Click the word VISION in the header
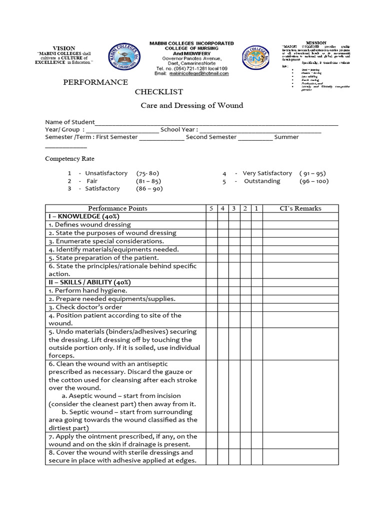click(64, 48)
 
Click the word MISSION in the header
click(315, 43)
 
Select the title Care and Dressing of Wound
click(191, 105)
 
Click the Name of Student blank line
click(216, 123)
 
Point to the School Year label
click(179, 130)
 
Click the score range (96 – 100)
click(314, 181)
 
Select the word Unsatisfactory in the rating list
click(106, 173)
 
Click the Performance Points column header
click(117, 208)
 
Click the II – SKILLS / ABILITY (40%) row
click(91, 282)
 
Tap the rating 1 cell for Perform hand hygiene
click(256, 290)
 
